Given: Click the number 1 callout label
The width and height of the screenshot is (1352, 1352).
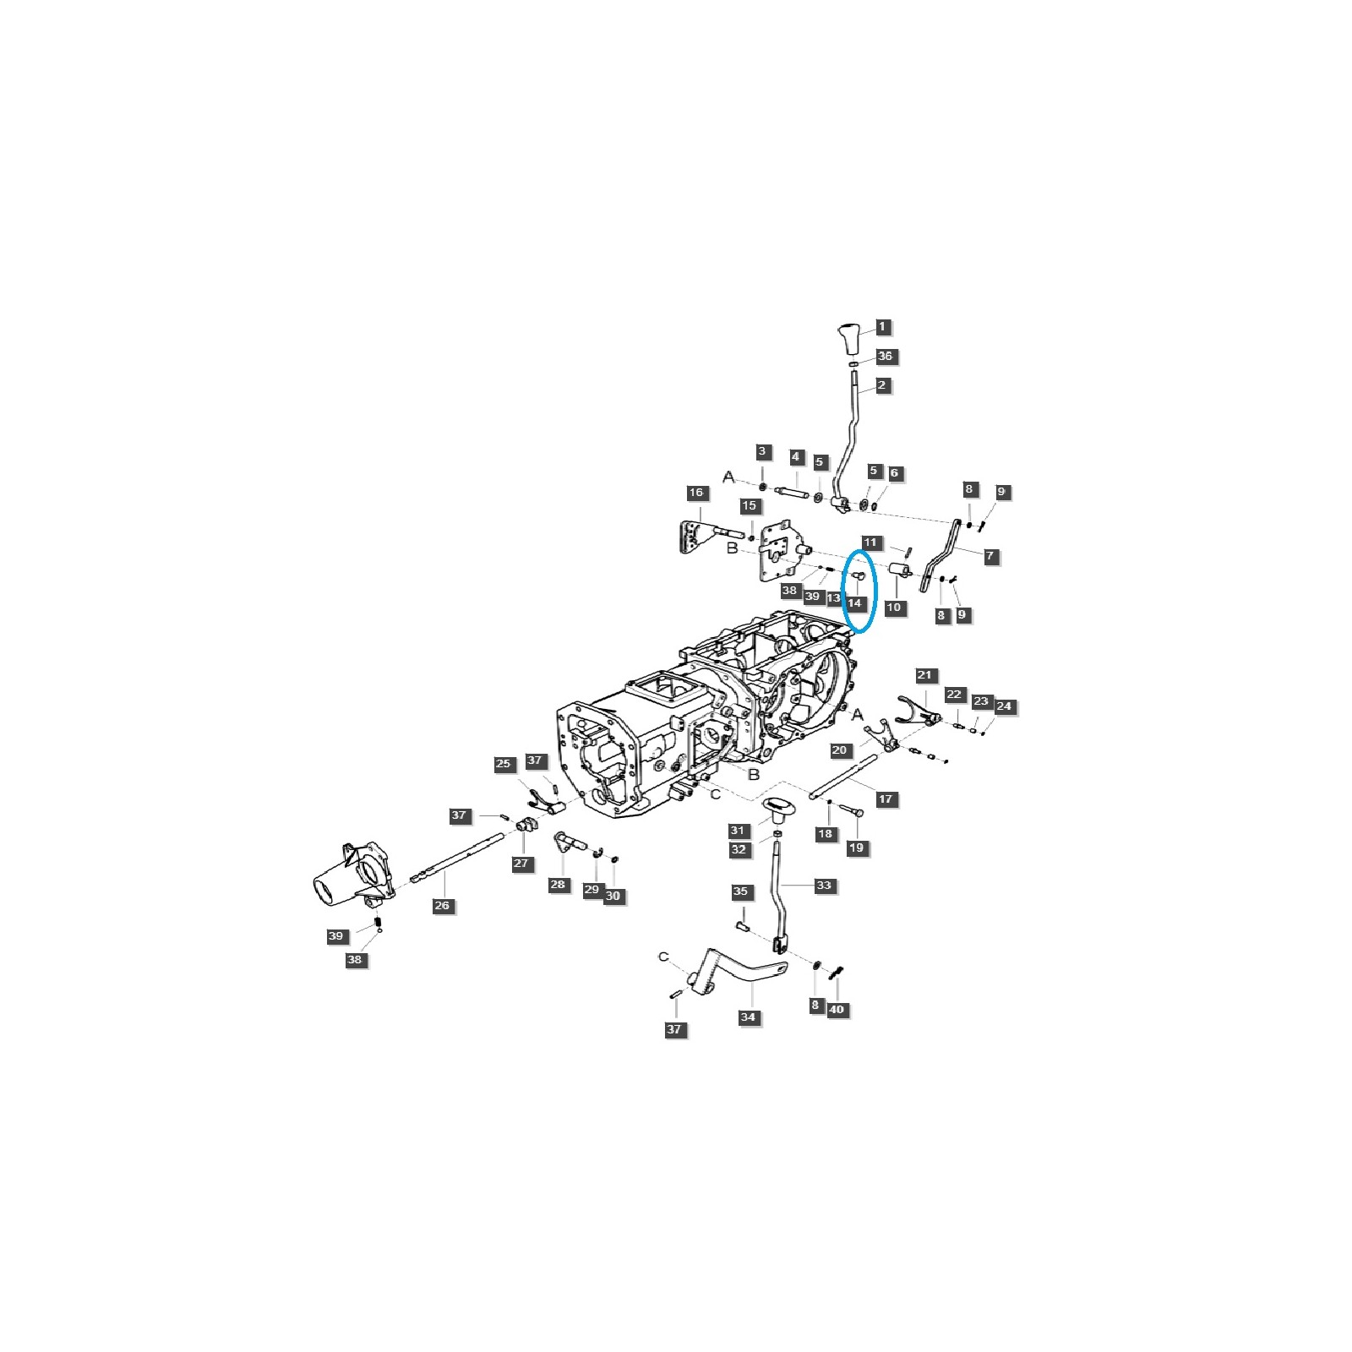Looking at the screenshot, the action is click(882, 326).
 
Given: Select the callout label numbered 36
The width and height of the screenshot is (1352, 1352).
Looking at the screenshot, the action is click(885, 356).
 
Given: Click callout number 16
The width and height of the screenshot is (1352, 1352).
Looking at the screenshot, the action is click(695, 493).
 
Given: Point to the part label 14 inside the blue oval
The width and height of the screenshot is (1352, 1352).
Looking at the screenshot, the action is click(854, 603).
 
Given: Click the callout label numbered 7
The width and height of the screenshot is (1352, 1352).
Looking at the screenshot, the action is click(989, 556).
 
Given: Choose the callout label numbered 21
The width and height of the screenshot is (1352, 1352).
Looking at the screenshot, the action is click(924, 675).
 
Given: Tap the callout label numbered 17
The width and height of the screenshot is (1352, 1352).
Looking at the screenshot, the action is click(886, 799).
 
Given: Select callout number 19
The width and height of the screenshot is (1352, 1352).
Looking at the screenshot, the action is click(858, 847).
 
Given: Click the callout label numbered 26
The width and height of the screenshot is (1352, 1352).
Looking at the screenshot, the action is click(442, 905).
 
